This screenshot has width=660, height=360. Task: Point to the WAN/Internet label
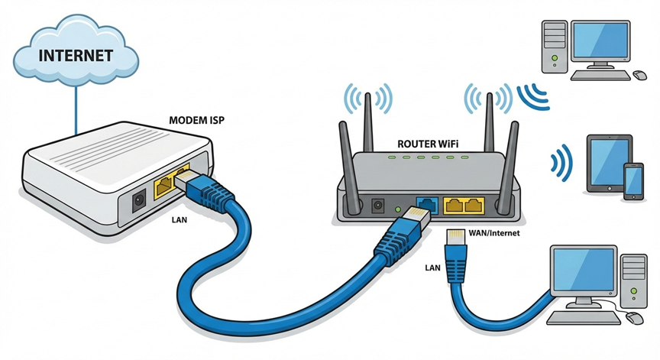493,232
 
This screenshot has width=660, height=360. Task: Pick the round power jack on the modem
140,200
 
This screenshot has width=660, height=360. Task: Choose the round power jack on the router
377,205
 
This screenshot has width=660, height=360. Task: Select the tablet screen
608,163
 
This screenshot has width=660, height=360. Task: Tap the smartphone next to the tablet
633,182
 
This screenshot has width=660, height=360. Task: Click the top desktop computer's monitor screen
602,43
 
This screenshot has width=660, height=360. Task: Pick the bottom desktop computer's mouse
633,316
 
